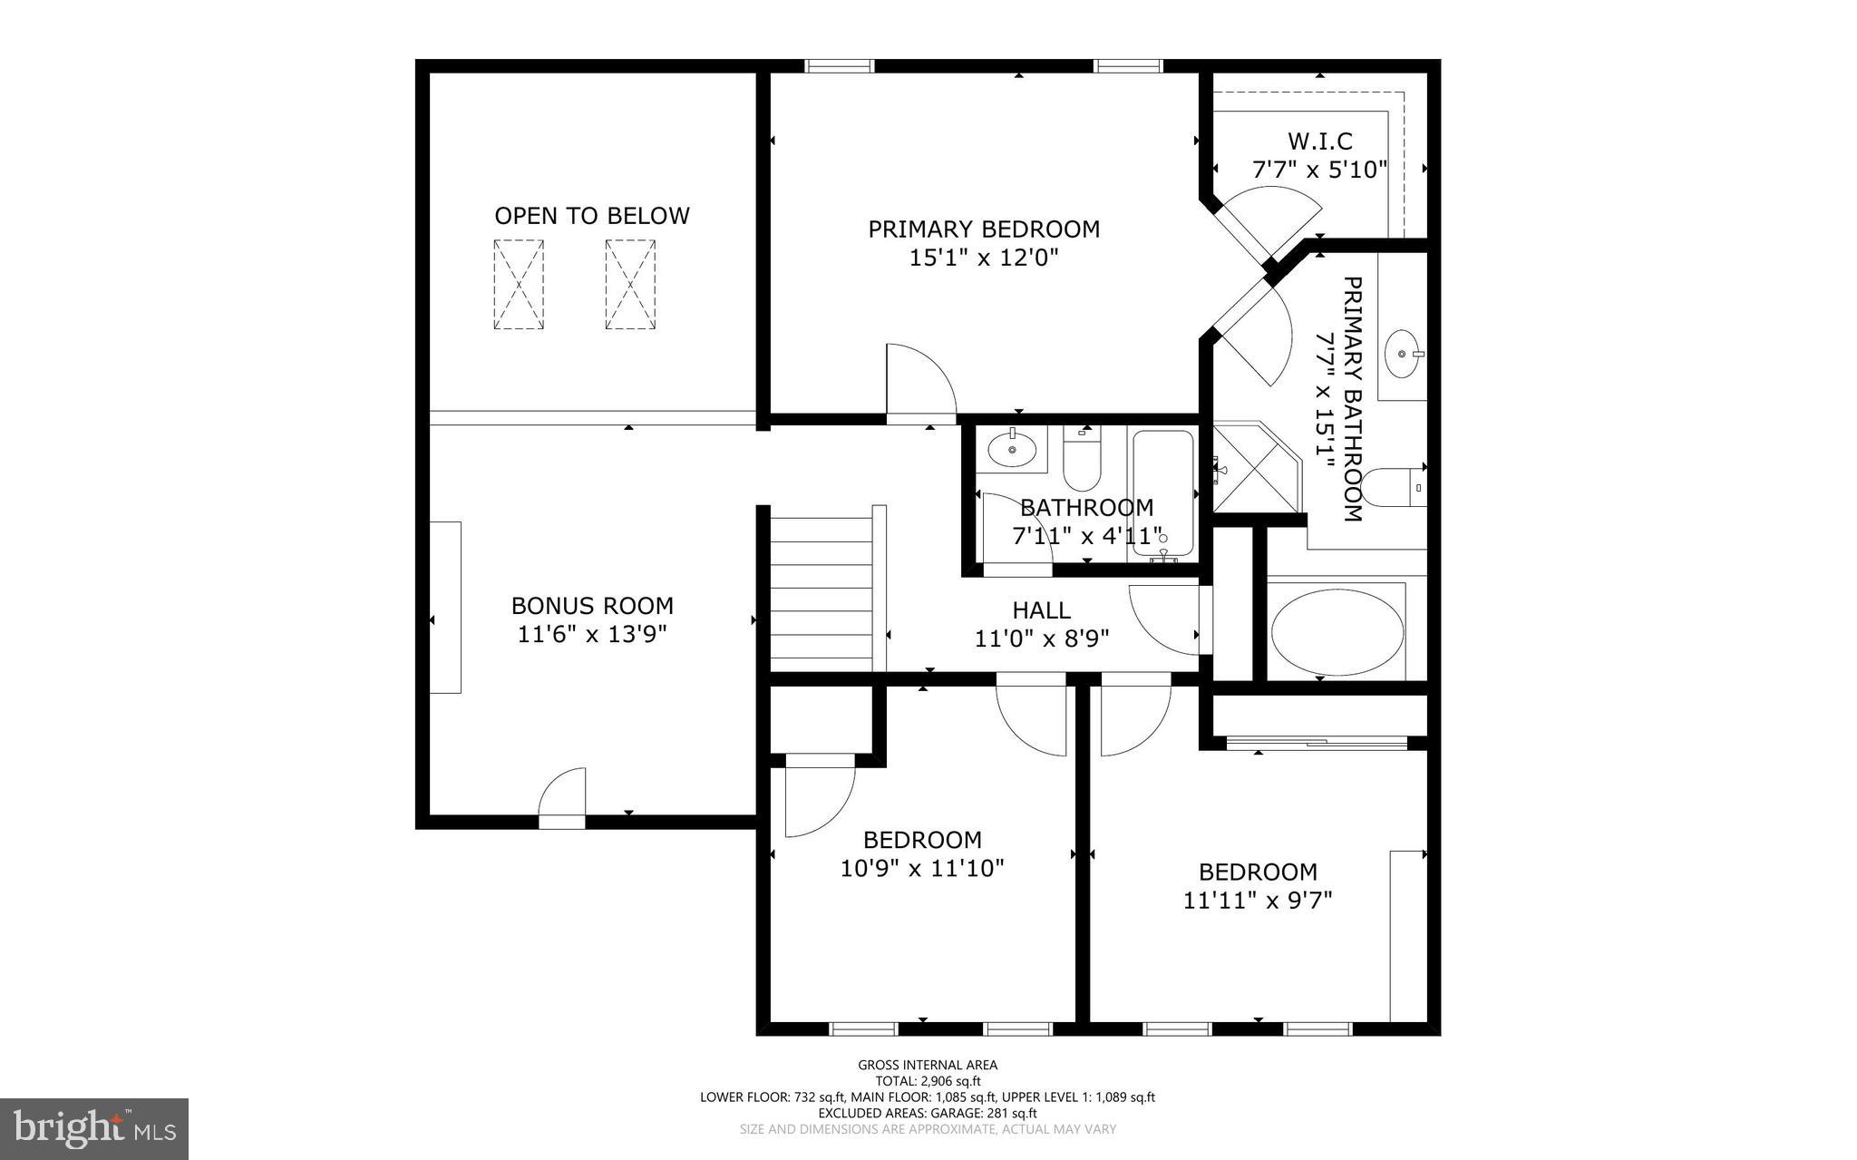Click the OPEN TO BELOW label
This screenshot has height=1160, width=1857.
(591, 216)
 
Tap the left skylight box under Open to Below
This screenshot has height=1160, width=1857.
(519, 285)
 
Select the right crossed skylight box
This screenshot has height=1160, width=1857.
(630, 285)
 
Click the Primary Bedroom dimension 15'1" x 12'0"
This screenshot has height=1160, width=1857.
(984, 258)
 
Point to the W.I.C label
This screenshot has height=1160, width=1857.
(1319, 141)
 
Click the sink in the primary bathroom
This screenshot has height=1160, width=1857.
(1402, 354)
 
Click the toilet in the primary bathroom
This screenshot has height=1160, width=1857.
(1391, 488)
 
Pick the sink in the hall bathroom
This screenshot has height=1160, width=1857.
(1011, 448)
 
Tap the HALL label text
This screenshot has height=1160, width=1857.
(1041, 610)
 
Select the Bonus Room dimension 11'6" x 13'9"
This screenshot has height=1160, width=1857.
(591, 634)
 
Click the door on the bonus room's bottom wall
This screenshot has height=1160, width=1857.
(562, 798)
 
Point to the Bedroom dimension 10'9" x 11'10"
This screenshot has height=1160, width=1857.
(922, 869)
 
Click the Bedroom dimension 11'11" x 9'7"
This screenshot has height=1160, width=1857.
(1257, 901)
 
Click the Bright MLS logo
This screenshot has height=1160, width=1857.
(94, 1129)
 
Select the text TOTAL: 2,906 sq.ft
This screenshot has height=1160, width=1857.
(928, 1081)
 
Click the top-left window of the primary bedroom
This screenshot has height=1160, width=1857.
(839, 66)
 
